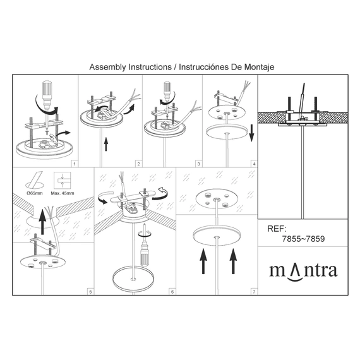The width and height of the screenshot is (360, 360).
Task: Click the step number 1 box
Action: click(x=75, y=164)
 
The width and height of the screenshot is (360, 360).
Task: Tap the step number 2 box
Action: click(x=138, y=164)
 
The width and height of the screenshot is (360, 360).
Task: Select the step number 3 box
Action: click(x=198, y=164)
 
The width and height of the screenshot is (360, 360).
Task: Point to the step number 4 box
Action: click(x=254, y=164)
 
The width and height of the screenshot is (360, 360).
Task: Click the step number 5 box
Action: click(x=90, y=292)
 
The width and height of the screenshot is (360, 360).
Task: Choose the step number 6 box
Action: click(x=172, y=292)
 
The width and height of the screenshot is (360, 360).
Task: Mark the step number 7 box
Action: click(x=254, y=292)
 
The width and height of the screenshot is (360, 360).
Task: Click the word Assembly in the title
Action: click(x=107, y=68)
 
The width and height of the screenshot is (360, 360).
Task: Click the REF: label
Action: click(x=277, y=229)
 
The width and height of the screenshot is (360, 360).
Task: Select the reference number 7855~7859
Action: click(x=303, y=239)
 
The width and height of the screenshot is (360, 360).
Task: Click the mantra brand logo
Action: click(x=303, y=272)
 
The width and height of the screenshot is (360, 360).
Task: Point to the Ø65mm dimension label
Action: click(x=35, y=193)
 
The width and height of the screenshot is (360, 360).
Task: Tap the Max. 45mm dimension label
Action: click(x=63, y=193)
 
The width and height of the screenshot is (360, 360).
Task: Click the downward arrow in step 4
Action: click(x=251, y=133)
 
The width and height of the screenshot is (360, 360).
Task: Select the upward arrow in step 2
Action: click(x=106, y=144)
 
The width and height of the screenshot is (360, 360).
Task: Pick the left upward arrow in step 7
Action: click(x=203, y=261)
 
